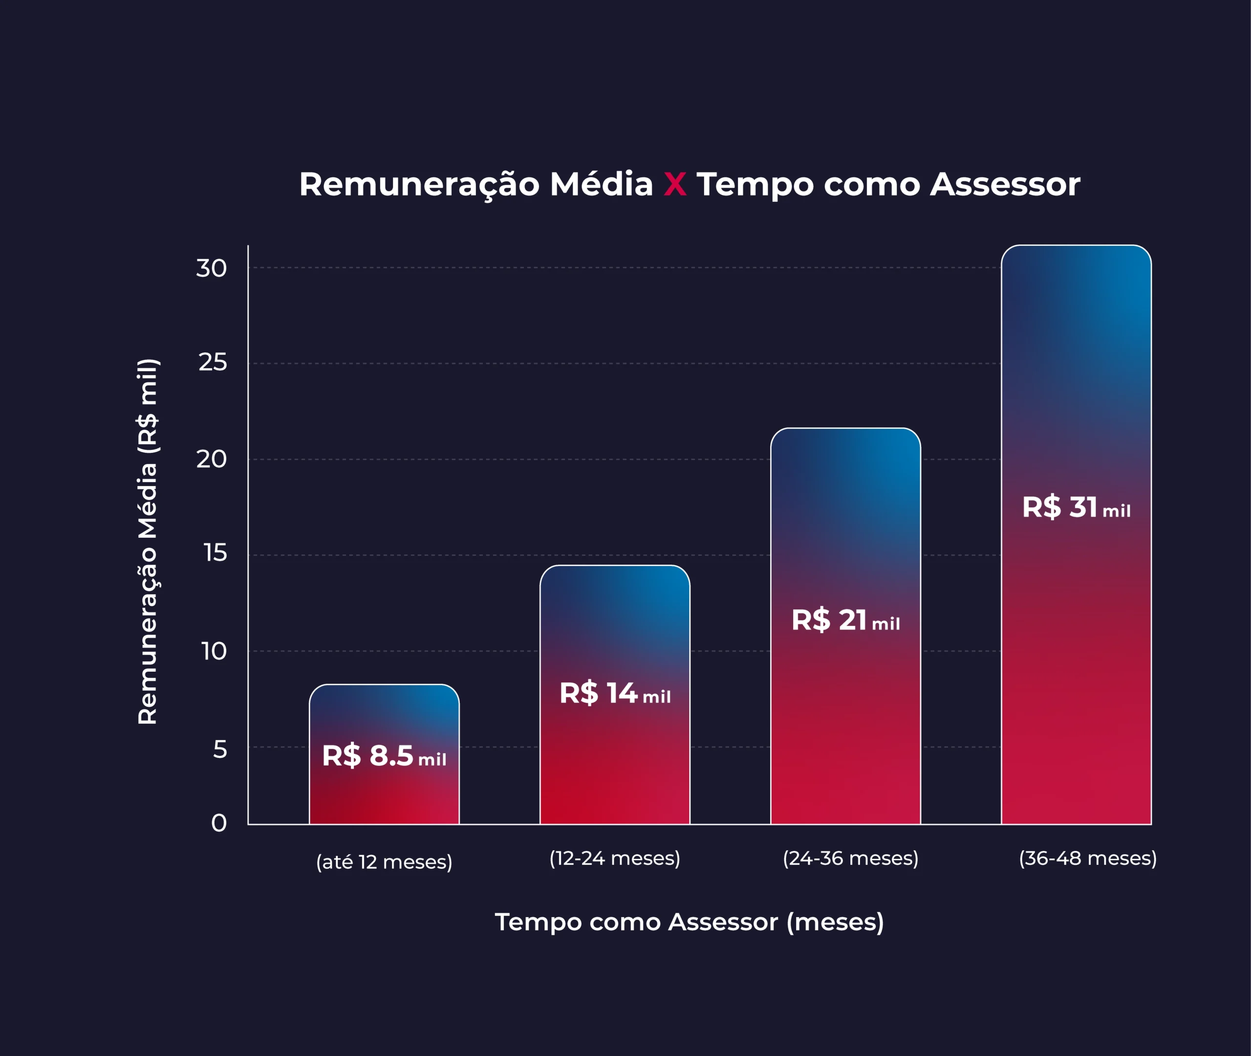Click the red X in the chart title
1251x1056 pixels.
pos(675,184)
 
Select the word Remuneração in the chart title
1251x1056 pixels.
pos(419,184)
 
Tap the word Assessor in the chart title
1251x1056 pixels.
pos(1005,184)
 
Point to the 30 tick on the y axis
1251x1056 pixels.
pos(212,268)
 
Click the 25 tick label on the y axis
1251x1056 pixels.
pos(213,362)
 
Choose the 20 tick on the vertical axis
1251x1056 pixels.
pos(212,459)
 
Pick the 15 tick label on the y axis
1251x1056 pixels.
pos(215,553)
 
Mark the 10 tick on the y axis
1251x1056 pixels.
pos(214,651)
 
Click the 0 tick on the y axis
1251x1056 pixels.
pos(219,823)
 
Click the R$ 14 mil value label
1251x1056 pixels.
pos(615,693)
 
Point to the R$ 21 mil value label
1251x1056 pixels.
pos(845,620)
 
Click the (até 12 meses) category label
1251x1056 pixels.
pos(384,862)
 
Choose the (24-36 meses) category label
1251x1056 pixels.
pos(850,858)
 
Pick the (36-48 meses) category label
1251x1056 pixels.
pos(1088,858)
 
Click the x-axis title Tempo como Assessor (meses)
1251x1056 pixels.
pos(689,922)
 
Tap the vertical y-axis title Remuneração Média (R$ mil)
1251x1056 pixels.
pos(148,542)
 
